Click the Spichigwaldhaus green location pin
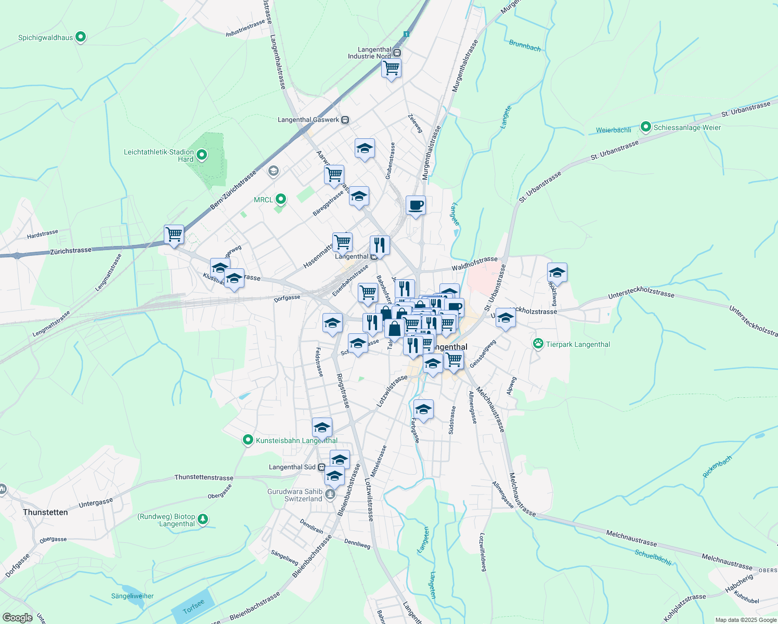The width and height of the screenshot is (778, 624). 80,37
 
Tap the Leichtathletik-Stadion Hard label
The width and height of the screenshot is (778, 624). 159,155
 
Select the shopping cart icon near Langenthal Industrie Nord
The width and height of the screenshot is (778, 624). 391,68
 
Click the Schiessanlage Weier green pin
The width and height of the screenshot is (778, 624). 646,127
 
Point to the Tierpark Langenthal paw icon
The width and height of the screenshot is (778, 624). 538,344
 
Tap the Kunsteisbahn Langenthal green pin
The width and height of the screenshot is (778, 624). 248,440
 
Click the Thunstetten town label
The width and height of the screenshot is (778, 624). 45,512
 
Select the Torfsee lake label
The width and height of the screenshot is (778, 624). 193,606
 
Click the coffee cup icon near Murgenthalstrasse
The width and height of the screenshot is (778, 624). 416,205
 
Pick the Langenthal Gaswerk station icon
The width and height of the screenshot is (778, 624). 345,120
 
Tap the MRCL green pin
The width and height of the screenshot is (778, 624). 281,199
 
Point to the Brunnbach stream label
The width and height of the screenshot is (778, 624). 525,46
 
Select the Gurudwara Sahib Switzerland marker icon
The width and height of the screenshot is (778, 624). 330,494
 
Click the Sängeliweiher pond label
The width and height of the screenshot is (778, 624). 133,596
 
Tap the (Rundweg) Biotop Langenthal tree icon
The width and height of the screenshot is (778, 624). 203,519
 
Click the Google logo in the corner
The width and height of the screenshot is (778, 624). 17,617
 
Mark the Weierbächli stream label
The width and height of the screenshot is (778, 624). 613,130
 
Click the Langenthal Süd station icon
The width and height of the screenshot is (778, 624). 322,467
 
